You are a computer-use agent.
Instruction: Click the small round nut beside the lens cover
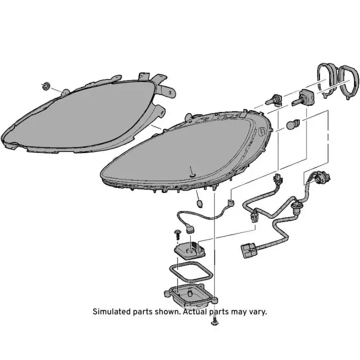pyautogui.click(x=47, y=86)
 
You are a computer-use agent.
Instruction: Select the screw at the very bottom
pyautogui.click(x=214, y=321)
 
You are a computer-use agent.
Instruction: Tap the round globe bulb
pyautogui.click(x=292, y=124)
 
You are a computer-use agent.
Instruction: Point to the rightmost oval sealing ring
pyautogui.click(x=349, y=82)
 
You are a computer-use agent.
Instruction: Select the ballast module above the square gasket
pyautogui.click(x=190, y=250)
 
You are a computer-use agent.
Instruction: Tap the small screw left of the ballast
pyautogui.click(x=177, y=234)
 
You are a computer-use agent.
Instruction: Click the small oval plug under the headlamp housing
pyautogui.click(x=200, y=203)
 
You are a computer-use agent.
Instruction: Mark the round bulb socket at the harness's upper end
pyautogui.click(x=322, y=177)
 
